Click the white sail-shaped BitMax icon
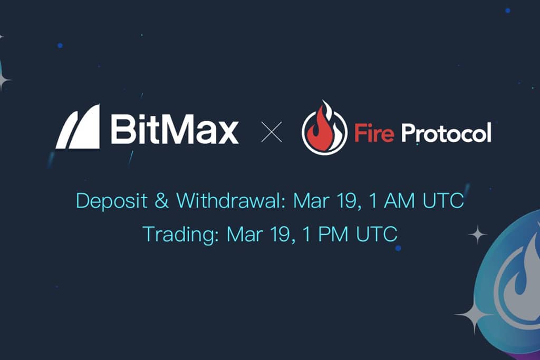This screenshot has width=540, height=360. pos(79,127)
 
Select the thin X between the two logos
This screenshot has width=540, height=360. pos(272,131)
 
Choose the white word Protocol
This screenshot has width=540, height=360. pos(446,132)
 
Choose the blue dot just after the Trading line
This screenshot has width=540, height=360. pos(398,248)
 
